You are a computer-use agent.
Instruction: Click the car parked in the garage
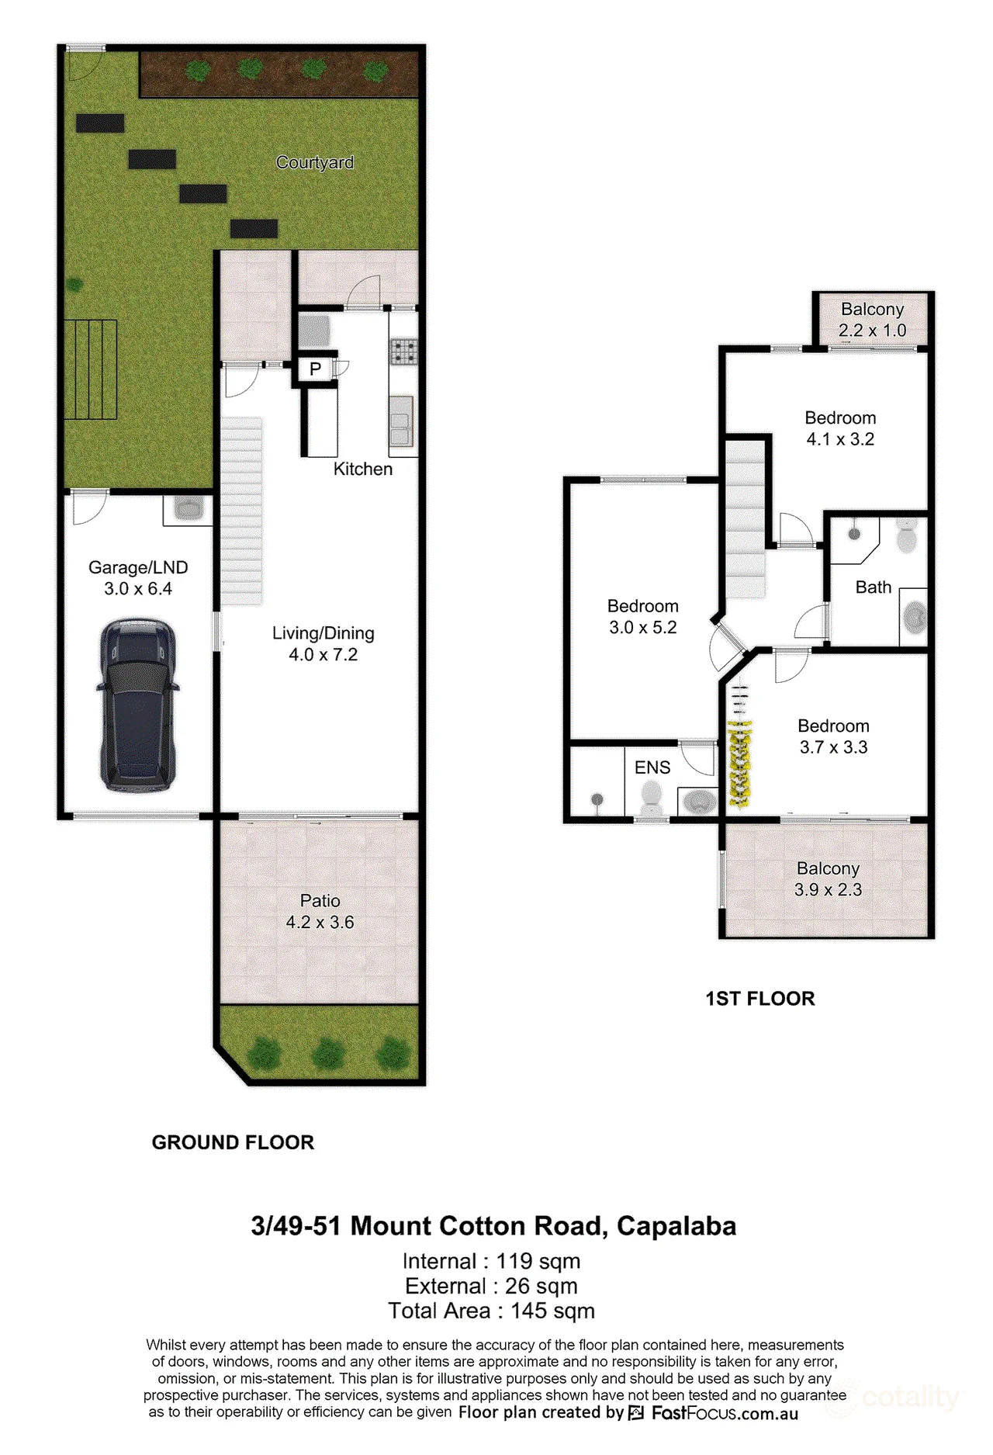(138, 705)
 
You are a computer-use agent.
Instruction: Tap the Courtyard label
(315, 162)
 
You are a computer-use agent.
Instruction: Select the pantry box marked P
(315, 369)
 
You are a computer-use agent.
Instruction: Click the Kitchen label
(363, 469)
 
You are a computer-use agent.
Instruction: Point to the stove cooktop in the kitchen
(403, 352)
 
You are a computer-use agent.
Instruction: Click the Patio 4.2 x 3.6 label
(320, 911)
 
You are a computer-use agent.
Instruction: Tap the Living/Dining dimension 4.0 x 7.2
(324, 654)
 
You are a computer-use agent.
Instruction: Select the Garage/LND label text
(138, 567)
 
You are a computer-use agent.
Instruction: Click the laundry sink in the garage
(188, 510)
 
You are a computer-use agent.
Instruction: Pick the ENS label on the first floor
(652, 767)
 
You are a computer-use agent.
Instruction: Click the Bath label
(874, 587)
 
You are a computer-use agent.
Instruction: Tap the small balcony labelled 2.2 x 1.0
(873, 320)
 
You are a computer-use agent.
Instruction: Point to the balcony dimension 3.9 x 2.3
(829, 889)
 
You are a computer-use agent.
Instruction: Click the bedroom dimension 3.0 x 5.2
(643, 627)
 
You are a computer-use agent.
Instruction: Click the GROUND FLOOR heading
(233, 1142)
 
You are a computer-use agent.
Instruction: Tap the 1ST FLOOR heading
(760, 999)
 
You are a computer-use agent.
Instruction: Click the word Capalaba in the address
(676, 1226)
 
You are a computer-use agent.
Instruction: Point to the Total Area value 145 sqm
(553, 1311)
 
